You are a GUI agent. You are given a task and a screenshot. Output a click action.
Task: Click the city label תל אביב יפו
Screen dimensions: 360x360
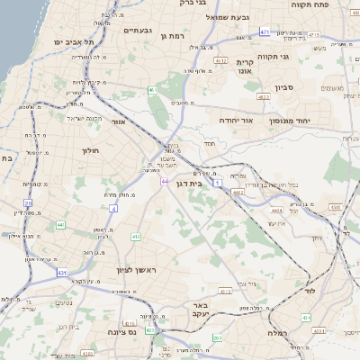pos(75,42)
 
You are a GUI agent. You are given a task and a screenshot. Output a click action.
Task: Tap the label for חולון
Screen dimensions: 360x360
pos(94,150)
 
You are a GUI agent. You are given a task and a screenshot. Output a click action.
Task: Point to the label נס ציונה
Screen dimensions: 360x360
pos(144,332)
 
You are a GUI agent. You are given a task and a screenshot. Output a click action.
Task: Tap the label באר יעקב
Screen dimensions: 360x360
pos(200,311)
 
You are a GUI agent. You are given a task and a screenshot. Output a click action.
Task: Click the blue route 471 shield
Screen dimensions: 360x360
pos(265,32)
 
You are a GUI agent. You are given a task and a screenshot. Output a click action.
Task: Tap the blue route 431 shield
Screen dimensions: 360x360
pos(61,271)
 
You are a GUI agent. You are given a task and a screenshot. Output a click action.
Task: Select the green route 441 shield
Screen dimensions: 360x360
pos(60,225)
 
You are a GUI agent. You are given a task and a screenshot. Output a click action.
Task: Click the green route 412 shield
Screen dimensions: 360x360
pos(137,237)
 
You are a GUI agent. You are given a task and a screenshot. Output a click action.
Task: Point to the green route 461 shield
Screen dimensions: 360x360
pos(154,91)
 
